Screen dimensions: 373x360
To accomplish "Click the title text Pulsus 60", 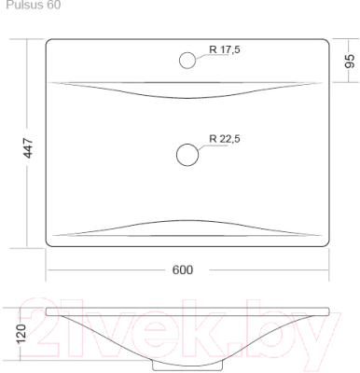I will (x=33, y=6).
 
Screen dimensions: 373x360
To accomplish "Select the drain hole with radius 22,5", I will (x=188, y=153).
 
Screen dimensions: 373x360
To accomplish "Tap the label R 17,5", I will (x=225, y=49).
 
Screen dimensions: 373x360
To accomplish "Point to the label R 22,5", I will (x=225, y=139).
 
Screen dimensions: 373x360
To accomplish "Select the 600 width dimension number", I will (x=183, y=269).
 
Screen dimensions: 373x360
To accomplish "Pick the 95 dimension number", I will (x=350, y=62).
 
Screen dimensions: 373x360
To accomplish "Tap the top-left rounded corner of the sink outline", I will (x=48, y=42).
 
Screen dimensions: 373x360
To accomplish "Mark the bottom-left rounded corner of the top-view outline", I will (x=48, y=243).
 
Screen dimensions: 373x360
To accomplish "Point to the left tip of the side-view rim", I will (x=48, y=311).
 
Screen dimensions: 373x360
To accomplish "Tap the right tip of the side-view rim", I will (x=330, y=311).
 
